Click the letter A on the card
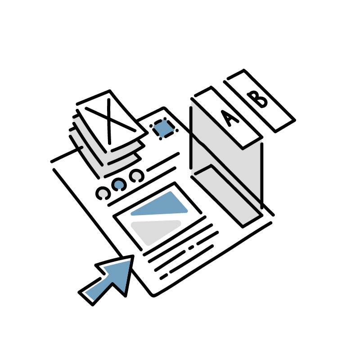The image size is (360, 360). pyautogui.click(x=229, y=119)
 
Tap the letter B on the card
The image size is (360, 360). pyautogui.click(x=258, y=99)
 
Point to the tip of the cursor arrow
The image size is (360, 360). pyautogui.click(x=133, y=256)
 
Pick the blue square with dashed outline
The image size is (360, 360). pyautogui.click(x=164, y=129)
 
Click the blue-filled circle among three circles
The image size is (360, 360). pyautogui.click(x=119, y=184)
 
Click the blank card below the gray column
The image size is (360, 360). pyautogui.click(x=227, y=196)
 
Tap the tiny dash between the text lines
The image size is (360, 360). pyautogui.click(x=191, y=247)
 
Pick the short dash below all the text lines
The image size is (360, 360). pyautogui.click(x=164, y=277)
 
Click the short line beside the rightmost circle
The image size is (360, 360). pyautogui.click(x=163, y=162)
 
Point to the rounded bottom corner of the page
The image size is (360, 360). pyautogui.click(x=153, y=295)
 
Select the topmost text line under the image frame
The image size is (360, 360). pyautogui.click(x=175, y=235)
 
